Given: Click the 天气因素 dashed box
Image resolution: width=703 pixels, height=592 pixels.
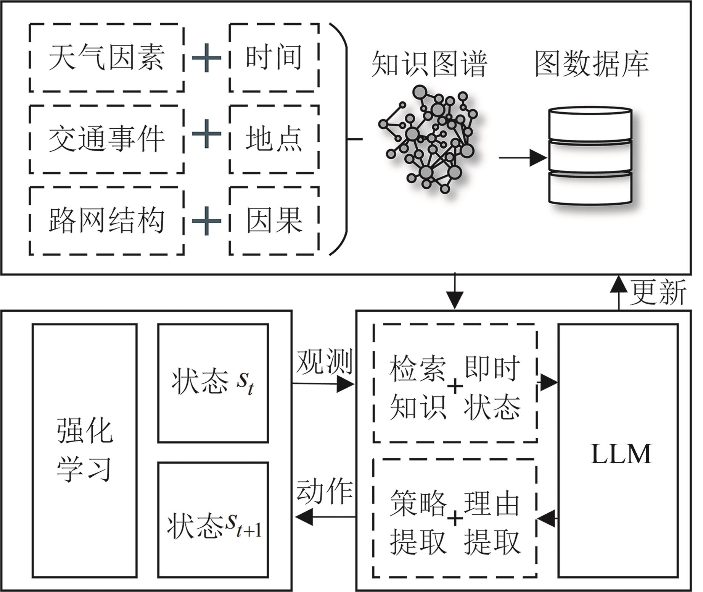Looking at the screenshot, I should tap(106, 58).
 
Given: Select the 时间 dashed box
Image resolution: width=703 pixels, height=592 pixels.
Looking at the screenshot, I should tap(274, 58).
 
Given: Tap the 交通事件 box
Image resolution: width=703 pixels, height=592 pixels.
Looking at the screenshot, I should tap(106, 139).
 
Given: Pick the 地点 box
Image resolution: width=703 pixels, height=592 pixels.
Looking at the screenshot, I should tap(274, 139).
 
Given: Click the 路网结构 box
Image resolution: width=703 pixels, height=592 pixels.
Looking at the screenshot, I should tap(106, 221).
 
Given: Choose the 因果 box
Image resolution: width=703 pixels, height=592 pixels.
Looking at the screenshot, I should tap(274, 221).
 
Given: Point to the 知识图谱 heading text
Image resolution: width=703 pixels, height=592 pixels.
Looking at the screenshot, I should tap(430, 64).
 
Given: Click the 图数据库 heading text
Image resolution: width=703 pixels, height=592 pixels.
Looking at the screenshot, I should tap(592, 64).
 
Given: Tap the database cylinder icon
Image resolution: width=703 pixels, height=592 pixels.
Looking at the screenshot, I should tap(590, 155).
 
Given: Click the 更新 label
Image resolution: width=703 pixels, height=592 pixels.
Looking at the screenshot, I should tap(658, 293).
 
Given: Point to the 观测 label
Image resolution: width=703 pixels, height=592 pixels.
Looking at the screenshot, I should tap(324, 361).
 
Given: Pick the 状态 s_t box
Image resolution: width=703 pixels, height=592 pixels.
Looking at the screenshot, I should tap(213, 383).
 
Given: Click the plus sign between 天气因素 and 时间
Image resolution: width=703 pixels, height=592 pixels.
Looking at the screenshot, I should tap(206, 58).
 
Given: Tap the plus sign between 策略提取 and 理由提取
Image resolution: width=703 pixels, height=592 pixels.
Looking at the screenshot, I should tap(455, 519).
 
